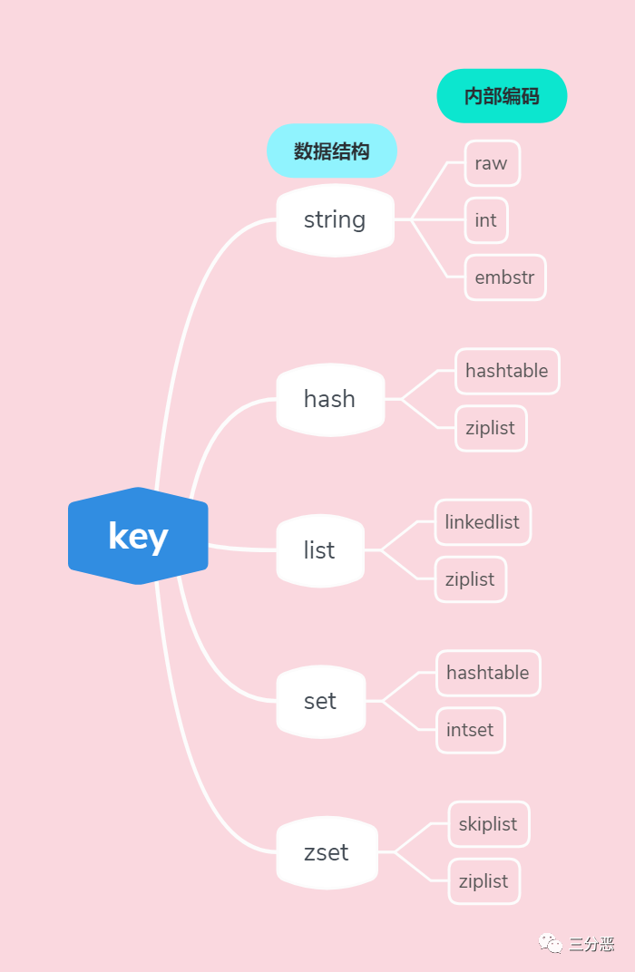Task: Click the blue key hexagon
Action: click(138, 536)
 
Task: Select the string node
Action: click(335, 220)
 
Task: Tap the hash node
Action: click(330, 399)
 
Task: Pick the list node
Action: click(319, 550)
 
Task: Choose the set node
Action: click(320, 701)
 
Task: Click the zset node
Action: click(327, 852)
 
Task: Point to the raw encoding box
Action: click(493, 163)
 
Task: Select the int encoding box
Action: click(486, 220)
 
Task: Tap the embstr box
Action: click(505, 277)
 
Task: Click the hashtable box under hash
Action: click(507, 371)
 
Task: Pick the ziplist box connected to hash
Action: click(491, 428)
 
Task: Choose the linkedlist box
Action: click(484, 522)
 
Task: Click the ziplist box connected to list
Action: click(471, 579)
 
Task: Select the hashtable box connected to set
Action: click(489, 673)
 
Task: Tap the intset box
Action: click(471, 730)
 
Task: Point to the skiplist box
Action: click(489, 824)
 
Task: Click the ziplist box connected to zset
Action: click(484, 881)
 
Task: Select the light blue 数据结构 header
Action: click(332, 151)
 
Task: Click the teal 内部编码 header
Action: click(503, 95)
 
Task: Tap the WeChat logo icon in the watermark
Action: click(550, 943)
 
